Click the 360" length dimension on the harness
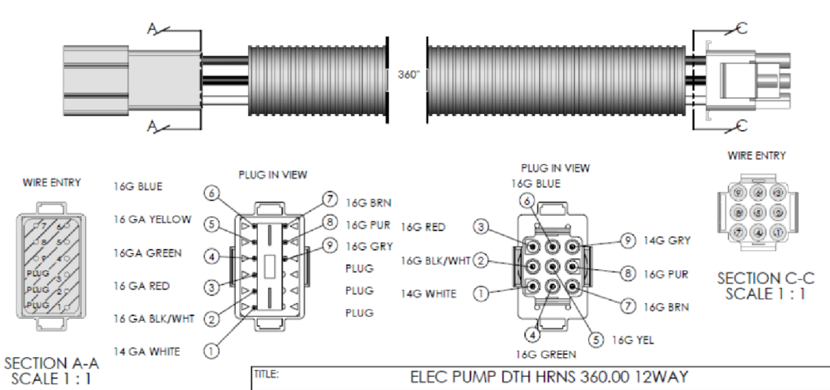408,75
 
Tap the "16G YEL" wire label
632,340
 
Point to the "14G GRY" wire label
667,241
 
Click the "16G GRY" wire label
368,246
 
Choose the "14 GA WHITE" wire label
147,351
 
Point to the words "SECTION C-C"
765,279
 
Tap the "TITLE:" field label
267,374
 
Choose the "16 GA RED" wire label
142,286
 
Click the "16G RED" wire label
423,227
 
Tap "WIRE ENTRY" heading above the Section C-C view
756,156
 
